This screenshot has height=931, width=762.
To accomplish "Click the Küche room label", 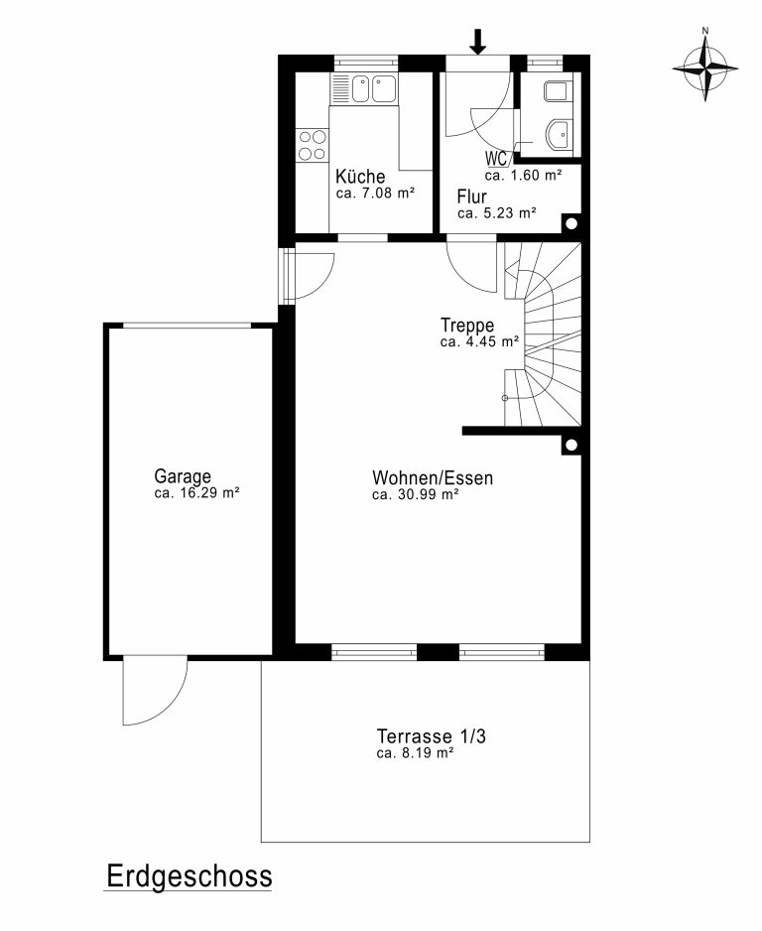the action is coord(360,177).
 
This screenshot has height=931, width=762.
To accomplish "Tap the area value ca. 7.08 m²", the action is coord(375,193).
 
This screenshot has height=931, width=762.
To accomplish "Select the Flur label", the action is coord(472,197).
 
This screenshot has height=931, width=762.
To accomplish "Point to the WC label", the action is coord(495,159).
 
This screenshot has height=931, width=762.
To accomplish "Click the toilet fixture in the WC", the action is coord(558,91).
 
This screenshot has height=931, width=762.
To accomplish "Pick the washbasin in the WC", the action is coord(559,134).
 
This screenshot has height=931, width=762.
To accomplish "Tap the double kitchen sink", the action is coord(374,88).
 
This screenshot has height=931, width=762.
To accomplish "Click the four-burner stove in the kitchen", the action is coord(313,146).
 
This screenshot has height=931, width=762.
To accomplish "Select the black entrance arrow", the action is coord(477,41).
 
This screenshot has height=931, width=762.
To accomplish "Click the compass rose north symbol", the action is coord(705,68).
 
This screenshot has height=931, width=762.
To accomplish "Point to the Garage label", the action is coord(183,476).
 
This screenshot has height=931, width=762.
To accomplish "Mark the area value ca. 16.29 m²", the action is coord(196,493).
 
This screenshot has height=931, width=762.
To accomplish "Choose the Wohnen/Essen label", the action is coord(433,478).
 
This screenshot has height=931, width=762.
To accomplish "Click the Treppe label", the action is coord(467,326).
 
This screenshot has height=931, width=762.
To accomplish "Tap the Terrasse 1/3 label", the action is coord(432,736).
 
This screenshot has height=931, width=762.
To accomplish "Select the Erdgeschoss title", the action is coord(190,876).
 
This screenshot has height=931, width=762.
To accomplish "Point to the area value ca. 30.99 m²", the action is coord(416,494).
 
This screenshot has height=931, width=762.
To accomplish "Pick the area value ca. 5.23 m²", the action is coord(497,213).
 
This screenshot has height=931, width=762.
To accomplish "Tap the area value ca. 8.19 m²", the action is coord(416,753).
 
